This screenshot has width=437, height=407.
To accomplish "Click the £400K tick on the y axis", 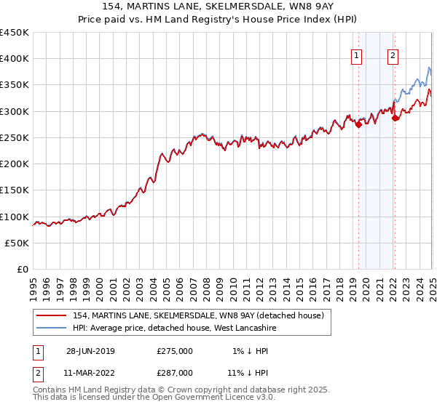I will pyautogui.click(x=15, y=59).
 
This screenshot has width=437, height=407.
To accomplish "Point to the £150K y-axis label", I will pyautogui.click(x=15, y=190).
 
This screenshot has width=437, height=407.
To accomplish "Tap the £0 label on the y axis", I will pyautogui.click(x=23, y=270).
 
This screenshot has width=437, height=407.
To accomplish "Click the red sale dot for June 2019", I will pyautogui.click(x=358, y=124).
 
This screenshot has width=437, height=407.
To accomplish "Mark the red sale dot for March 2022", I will pyautogui.click(x=395, y=118).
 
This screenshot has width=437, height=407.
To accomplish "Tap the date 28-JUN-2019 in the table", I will pyautogui.click(x=90, y=351).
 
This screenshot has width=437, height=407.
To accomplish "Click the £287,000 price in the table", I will pyautogui.click(x=175, y=373).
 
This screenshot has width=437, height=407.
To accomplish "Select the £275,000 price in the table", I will pyautogui.click(x=175, y=351).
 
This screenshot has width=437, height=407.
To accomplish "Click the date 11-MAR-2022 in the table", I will pyautogui.click(x=91, y=373).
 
